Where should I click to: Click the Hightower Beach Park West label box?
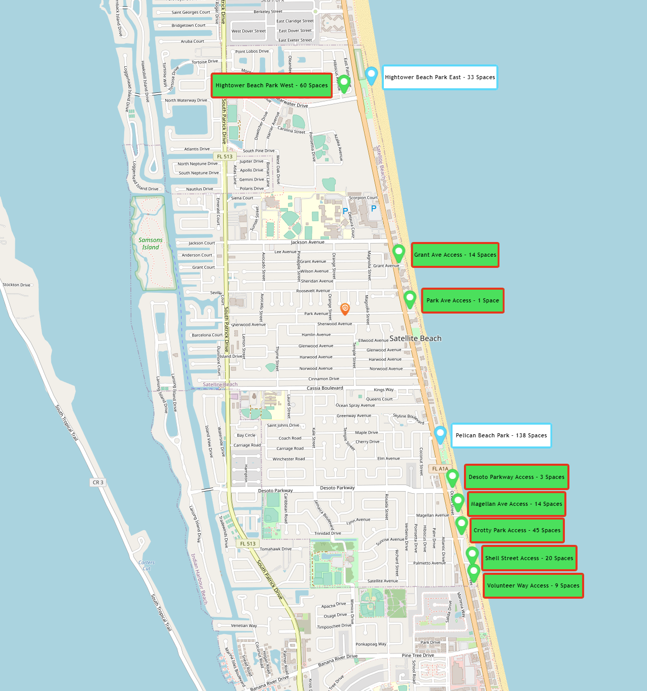(x=271, y=85)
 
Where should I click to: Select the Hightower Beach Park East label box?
(x=440, y=77)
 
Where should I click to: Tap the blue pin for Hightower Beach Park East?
(x=372, y=75)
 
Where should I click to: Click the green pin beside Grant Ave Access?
(x=399, y=252)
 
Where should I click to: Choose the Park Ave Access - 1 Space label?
(x=462, y=300)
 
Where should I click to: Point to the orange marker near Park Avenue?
(x=345, y=308)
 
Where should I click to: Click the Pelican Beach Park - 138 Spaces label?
(x=501, y=435)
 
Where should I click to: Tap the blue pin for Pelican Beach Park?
(x=440, y=434)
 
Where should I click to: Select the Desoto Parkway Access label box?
(x=516, y=477)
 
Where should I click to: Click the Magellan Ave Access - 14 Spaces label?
(x=516, y=504)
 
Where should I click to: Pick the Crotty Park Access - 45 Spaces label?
(x=517, y=530)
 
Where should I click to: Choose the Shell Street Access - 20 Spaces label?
(x=529, y=558)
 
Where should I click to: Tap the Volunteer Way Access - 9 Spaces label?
(x=533, y=585)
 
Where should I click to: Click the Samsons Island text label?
(x=151, y=244)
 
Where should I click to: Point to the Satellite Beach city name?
(x=415, y=338)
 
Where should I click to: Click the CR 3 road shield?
(x=98, y=482)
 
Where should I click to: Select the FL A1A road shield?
(x=440, y=469)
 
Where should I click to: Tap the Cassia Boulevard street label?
(x=325, y=388)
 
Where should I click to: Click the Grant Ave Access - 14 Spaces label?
(x=455, y=255)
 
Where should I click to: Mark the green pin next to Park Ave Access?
(x=410, y=298)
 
